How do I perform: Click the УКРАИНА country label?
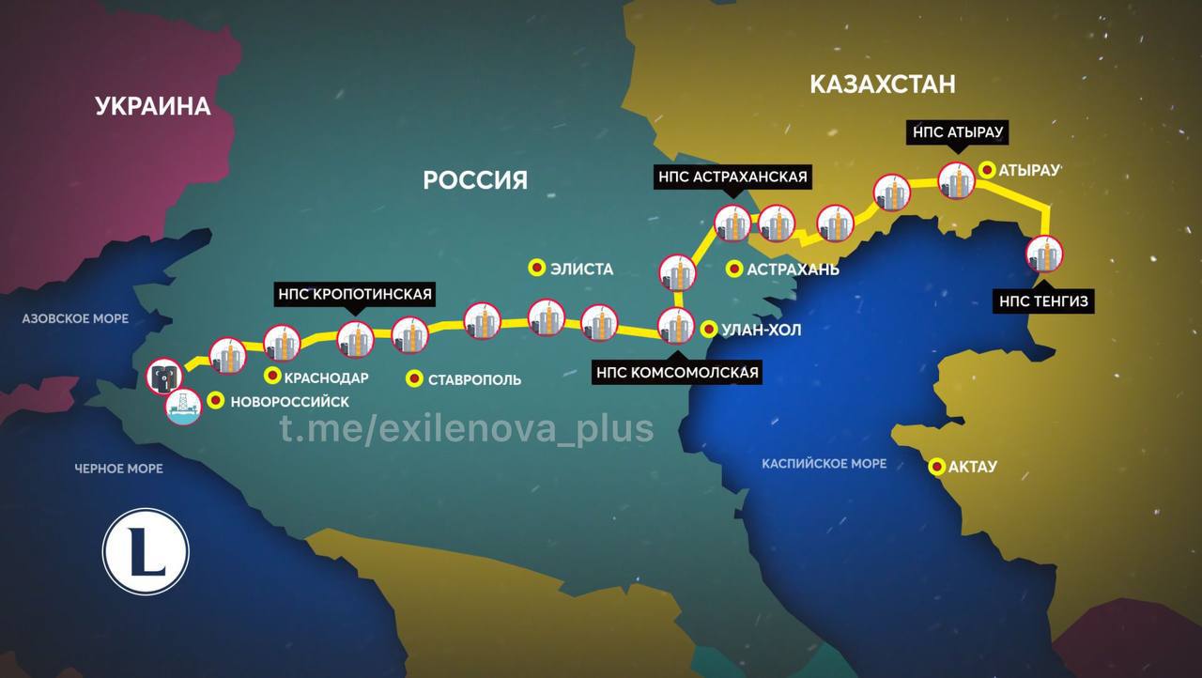pos(153,106)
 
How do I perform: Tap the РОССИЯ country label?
pos(475,179)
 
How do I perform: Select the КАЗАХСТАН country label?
pos(882,85)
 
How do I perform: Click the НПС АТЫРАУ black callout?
pos(957,132)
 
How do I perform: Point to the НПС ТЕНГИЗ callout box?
pos(1044,301)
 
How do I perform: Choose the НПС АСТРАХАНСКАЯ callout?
pos(732,177)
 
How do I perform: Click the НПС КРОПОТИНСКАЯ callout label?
pos(355,294)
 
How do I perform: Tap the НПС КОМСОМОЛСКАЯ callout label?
pos(677,373)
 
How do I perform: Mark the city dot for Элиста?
pos(537,268)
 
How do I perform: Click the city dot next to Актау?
pos(936,466)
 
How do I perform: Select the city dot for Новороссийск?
pos(215,401)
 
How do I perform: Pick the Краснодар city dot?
pos(272,377)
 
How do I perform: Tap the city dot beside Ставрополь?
pos(413,379)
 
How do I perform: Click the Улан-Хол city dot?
pos(709,330)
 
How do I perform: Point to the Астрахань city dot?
pos(734,269)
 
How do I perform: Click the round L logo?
pos(146,551)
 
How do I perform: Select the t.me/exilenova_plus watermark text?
pos(467,428)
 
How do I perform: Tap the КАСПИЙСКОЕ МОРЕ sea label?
pos(824,464)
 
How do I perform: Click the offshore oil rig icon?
pos(182,407)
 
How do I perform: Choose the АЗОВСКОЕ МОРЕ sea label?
pos(75,319)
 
